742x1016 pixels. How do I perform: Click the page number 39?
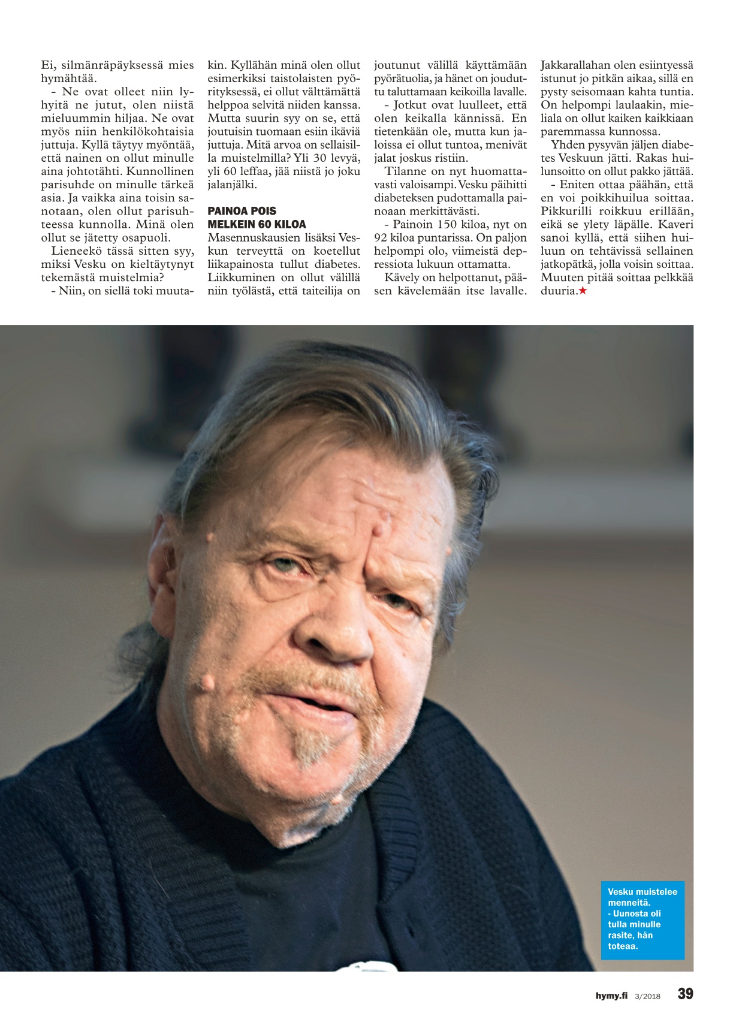(685, 994)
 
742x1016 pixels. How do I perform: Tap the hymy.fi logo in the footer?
(611, 996)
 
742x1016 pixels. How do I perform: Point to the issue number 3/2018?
(647, 996)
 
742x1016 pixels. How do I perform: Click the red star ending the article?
(583, 291)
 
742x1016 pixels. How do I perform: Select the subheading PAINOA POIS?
(242, 211)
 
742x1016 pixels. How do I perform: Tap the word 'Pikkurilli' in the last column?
(566, 211)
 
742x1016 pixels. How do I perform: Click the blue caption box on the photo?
(642, 919)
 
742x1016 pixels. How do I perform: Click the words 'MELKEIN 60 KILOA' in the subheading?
(257, 224)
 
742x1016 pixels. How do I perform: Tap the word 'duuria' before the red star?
(559, 291)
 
